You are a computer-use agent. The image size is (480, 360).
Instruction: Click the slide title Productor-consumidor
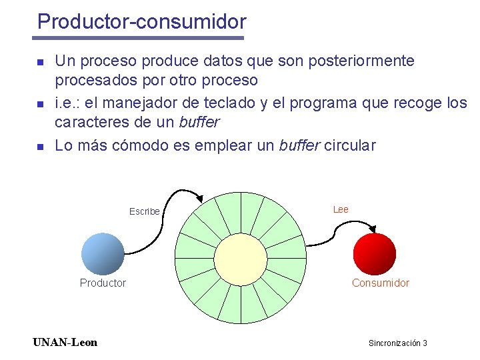(x=141, y=22)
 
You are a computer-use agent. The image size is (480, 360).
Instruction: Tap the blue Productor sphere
(x=103, y=253)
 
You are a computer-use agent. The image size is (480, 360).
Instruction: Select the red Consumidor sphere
(x=374, y=253)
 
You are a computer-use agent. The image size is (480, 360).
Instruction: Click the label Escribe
(x=145, y=211)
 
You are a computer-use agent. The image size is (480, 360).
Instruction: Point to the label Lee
(x=341, y=209)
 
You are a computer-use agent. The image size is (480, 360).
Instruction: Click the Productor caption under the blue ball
(x=103, y=283)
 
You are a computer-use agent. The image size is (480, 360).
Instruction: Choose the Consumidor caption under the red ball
(x=381, y=283)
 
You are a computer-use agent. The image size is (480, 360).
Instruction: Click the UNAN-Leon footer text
(x=65, y=343)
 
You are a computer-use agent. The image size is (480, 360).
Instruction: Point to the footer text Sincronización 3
(x=397, y=343)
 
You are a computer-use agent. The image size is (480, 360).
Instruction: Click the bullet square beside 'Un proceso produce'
(x=39, y=62)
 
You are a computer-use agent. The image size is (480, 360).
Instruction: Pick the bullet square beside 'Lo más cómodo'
(x=39, y=146)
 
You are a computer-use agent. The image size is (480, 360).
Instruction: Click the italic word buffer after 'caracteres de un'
(x=199, y=123)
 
